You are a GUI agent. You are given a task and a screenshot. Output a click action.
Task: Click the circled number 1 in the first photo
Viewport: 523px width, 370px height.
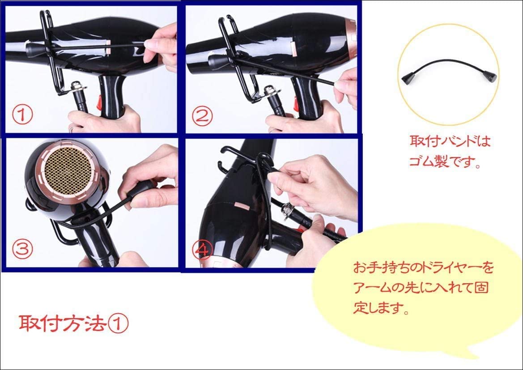click(23, 115)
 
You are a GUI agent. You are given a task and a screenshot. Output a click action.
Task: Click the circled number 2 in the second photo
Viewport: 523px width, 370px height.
click(202, 116)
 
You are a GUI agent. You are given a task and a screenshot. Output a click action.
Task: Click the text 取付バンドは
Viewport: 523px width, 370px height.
click(450, 141)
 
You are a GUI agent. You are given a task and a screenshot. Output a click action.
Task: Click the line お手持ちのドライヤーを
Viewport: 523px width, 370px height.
click(423, 267)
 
